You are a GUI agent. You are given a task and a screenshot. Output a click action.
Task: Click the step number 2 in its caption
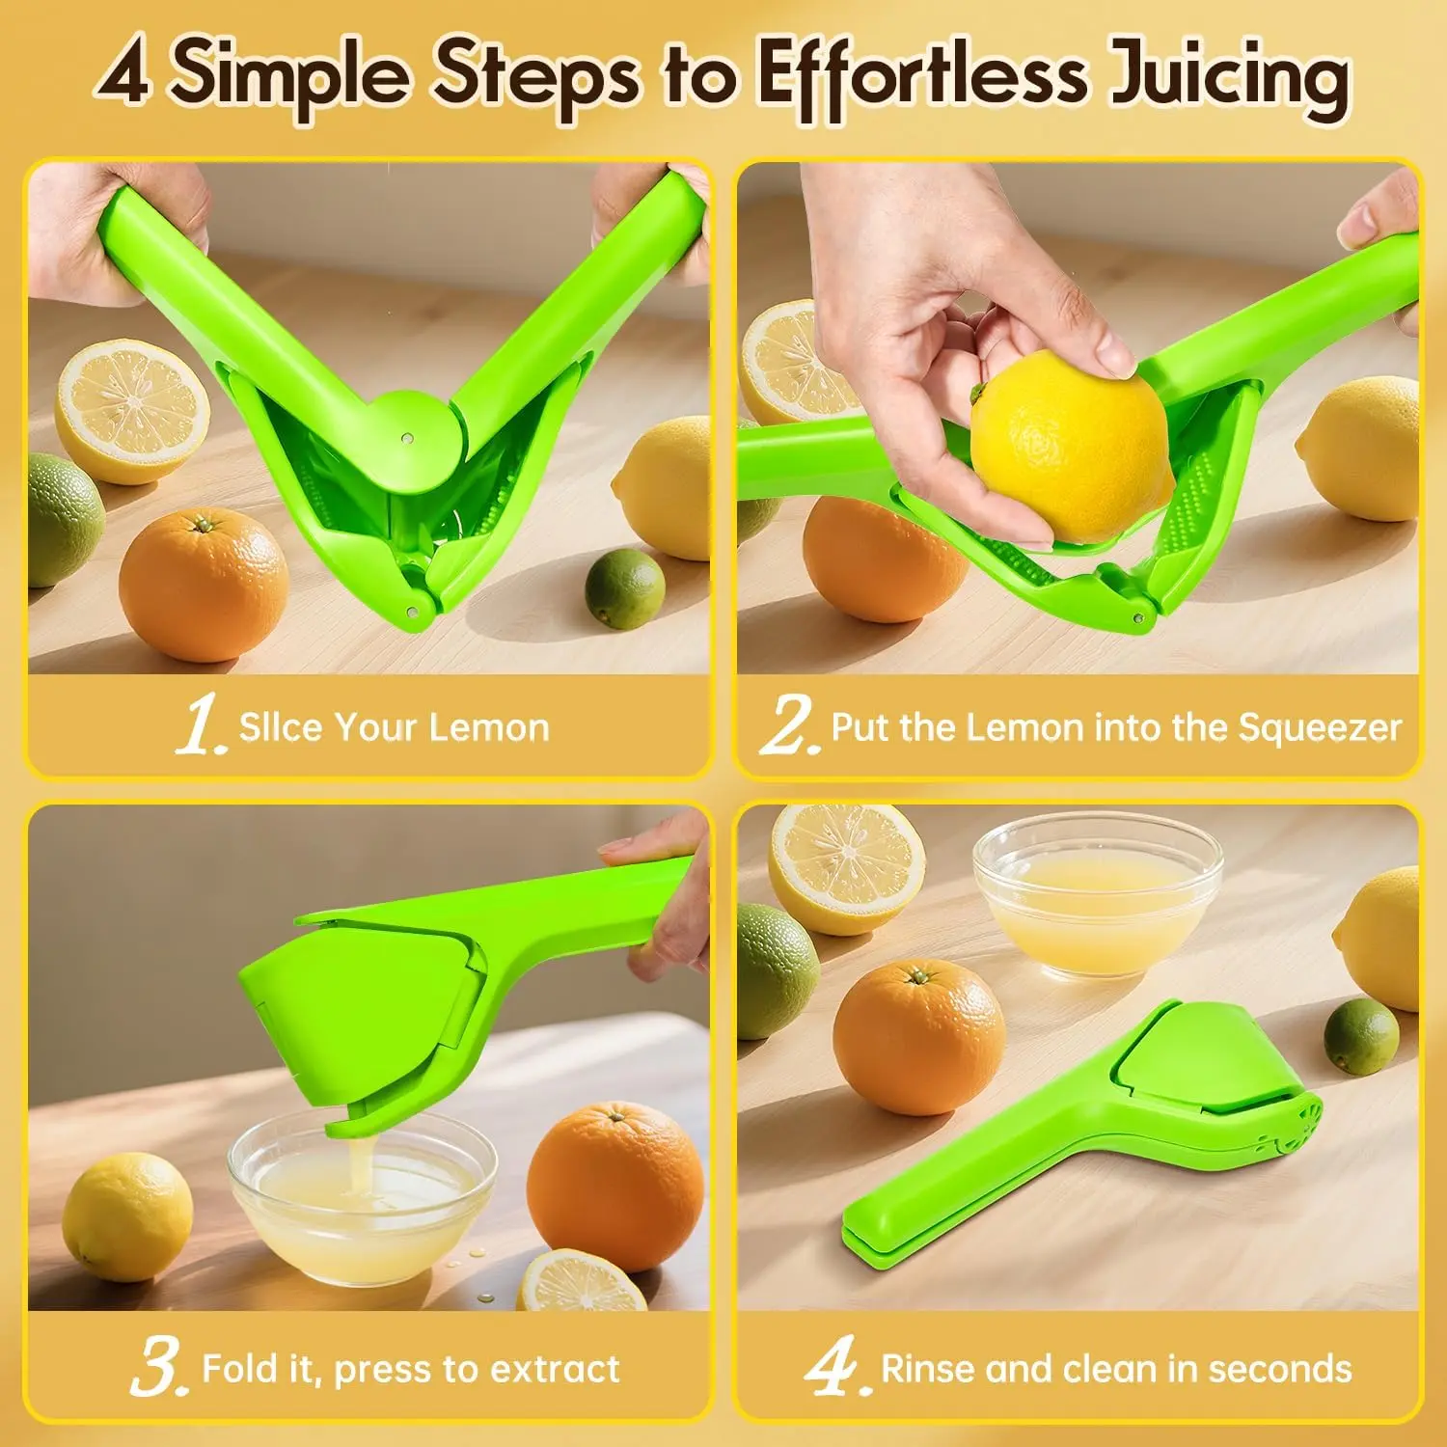(x=789, y=725)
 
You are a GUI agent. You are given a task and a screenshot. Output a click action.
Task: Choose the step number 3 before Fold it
(x=157, y=1368)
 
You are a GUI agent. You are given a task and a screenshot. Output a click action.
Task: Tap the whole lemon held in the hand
(x=1072, y=447)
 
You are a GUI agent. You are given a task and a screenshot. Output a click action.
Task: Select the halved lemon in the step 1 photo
(x=132, y=410)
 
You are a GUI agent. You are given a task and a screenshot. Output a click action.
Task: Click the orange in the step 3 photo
(x=615, y=1187)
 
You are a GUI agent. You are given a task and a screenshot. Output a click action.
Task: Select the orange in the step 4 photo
(x=919, y=1037)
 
